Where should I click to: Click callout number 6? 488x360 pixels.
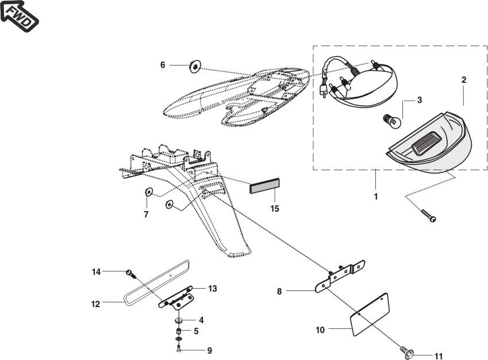[163, 66]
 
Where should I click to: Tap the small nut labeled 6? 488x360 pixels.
[195, 67]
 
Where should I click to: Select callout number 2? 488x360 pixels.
[464, 80]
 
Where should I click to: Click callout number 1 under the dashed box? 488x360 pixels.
[375, 196]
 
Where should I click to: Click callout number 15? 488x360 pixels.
[275, 208]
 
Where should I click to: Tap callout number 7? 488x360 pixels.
[146, 214]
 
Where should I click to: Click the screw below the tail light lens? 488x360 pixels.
[428, 216]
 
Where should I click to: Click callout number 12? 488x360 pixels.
[95, 304]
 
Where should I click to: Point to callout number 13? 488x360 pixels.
[213, 289]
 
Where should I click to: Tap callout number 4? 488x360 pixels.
[201, 319]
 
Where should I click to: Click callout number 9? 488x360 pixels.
[209, 350]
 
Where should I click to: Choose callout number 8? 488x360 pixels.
[279, 292]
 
